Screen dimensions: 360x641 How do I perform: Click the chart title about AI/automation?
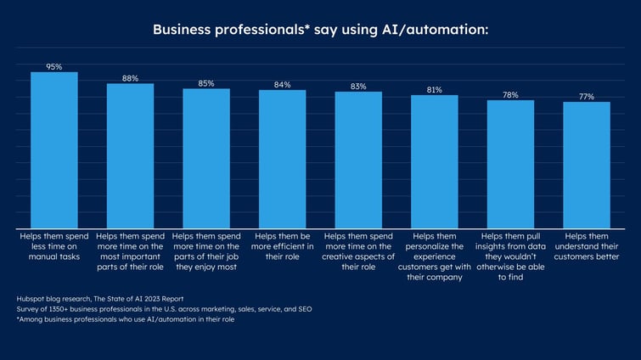(x=320, y=30)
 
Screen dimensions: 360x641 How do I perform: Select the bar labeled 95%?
(x=54, y=149)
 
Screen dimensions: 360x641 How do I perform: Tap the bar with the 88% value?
(x=130, y=155)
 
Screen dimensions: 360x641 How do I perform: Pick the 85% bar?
(x=206, y=158)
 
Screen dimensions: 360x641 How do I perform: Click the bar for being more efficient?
(x=283, y=159)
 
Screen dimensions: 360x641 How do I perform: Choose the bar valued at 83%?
(x=358, y=160)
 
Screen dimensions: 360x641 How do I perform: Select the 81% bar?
(x=435, y=161)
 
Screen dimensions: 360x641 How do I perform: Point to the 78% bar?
(x=510, y=164)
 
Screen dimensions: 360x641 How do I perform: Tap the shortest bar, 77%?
(x=587, y=165)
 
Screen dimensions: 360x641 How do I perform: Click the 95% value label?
(x=54, y=66)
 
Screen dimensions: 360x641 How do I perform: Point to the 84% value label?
(x=283, y=85)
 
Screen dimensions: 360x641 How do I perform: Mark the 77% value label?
(x=587, y=97)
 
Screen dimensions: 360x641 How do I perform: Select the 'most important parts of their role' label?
(x=130, y=251)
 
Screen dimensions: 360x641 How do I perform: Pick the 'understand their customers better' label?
(x=587, y=246)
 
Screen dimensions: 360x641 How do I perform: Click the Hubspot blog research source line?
(x=100, y=299)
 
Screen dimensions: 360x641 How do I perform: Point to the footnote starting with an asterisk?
(x=125, y=319)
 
